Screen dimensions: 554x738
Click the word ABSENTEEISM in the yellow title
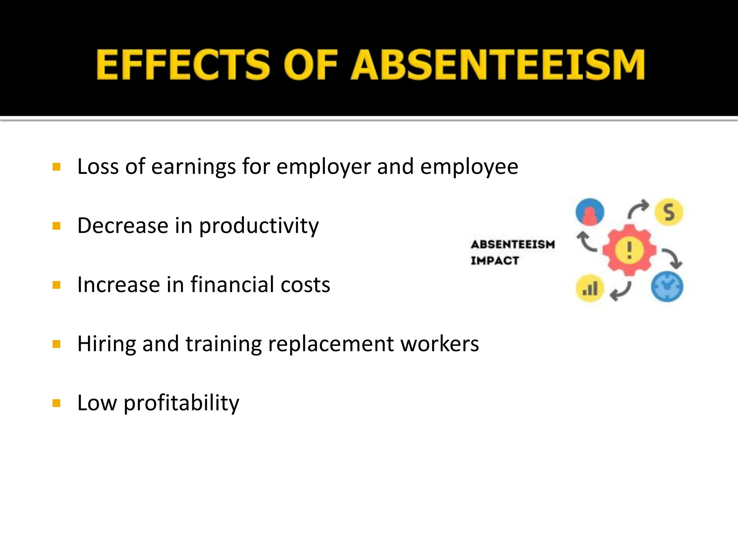(498, 65)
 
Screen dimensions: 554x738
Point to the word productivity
(259, 226)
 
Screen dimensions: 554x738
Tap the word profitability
(181, 403)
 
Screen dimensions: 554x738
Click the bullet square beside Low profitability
(56, 403)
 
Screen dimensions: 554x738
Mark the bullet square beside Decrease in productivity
(56, 226)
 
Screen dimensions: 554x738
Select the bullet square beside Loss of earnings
(56, 167)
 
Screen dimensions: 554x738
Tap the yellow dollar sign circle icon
(669, 212)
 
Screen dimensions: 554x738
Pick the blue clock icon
(667, 287)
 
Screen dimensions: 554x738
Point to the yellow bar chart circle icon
(590, 288)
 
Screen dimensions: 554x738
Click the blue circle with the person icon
(590, 212)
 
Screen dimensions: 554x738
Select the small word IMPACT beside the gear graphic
(495, 260)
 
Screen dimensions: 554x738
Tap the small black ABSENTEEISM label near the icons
(513, 245)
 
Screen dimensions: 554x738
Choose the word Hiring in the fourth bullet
(107, 344)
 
